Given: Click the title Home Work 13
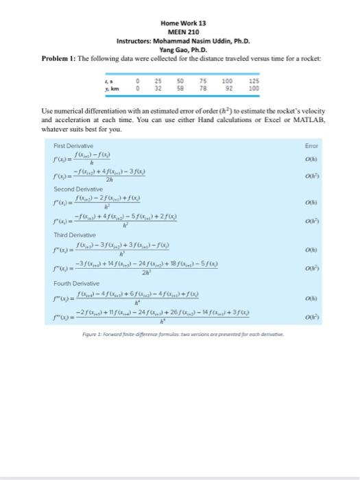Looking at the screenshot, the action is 178,23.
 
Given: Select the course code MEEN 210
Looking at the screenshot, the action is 178,32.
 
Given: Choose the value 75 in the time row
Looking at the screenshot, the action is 203,81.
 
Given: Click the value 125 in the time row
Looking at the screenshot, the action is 254,81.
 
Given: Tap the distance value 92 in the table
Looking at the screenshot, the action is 229,88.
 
